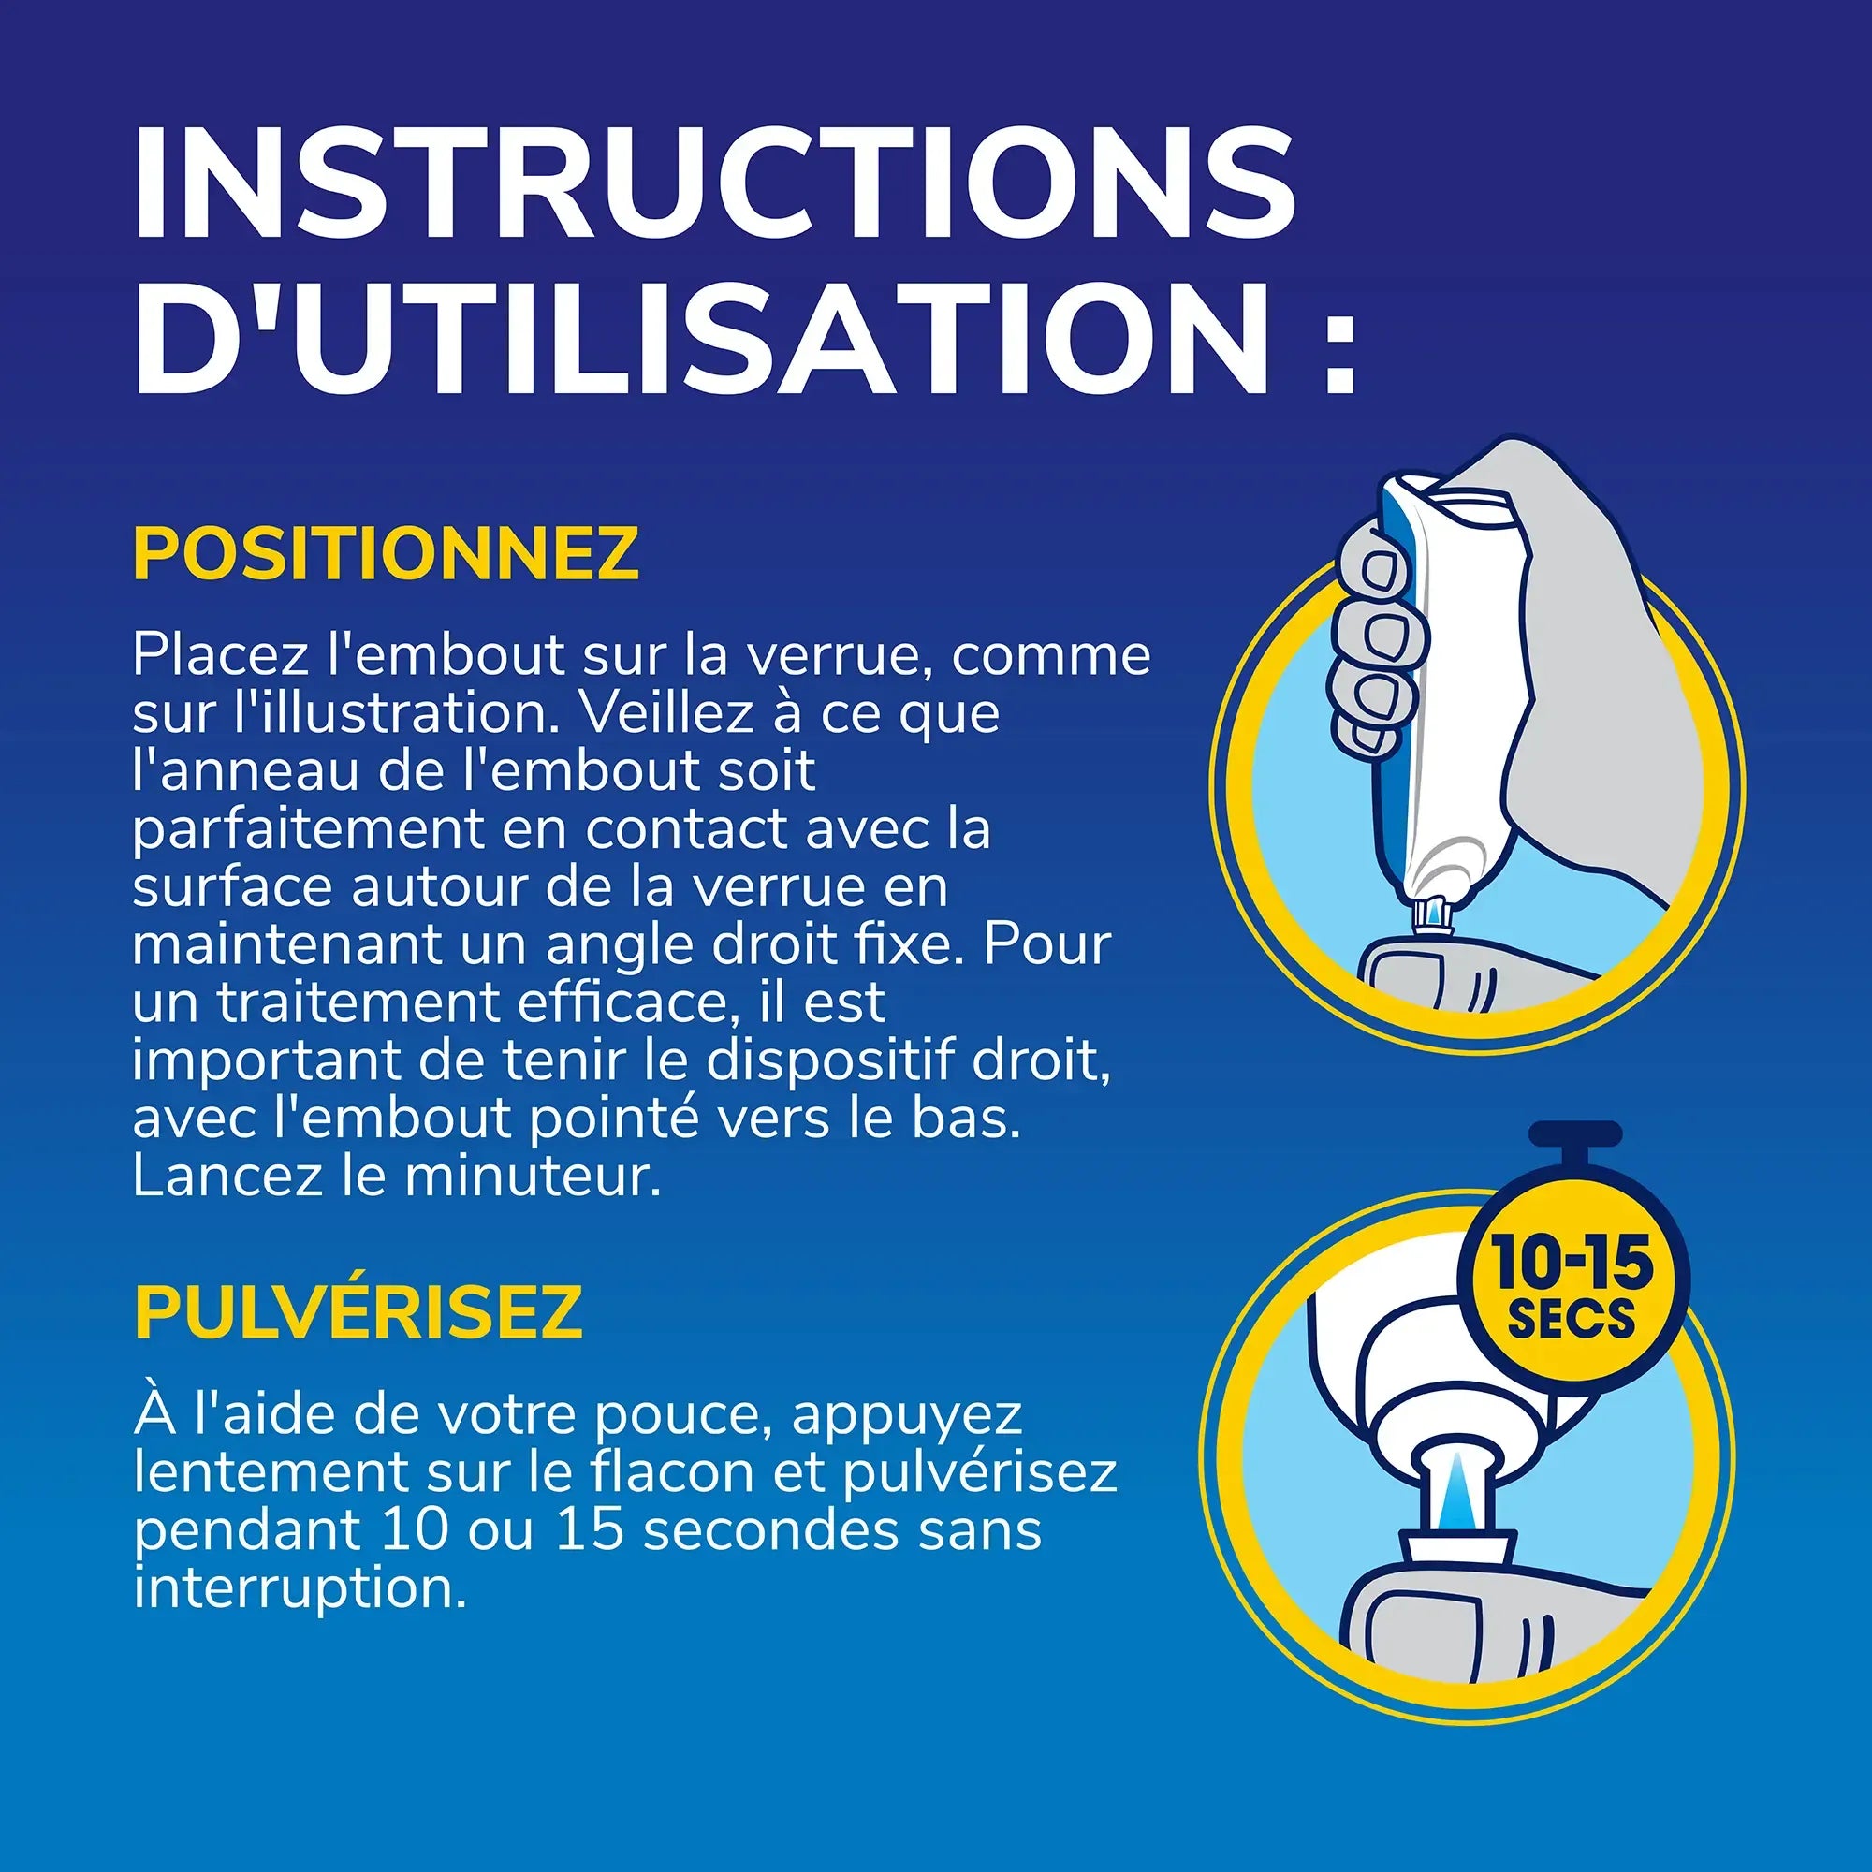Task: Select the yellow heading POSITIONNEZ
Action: [386, 554]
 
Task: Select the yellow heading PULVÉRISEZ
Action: [358, 1313]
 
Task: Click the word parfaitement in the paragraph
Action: [309, 830]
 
